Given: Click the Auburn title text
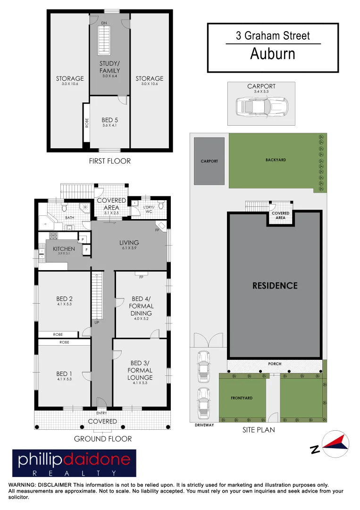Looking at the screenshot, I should coord(273,54).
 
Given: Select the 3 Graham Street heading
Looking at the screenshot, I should coord(273,35).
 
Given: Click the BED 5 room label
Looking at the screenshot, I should coord(109,120).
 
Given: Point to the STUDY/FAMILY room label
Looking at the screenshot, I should coord(109,67).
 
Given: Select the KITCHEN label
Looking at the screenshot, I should coord(64,248).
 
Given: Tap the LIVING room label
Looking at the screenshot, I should coord(129,243).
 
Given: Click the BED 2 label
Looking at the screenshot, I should coord(64,298).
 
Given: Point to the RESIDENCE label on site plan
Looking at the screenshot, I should coord(275,286).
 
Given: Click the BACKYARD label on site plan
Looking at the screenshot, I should coord(276,160).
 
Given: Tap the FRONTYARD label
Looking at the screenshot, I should coord(242,398).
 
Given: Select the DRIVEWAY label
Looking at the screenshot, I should coord(204,425).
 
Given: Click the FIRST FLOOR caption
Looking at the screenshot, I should coord(109,161).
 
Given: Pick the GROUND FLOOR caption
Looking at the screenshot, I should coord(103,439).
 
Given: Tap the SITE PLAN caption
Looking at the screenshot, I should coord(259,430).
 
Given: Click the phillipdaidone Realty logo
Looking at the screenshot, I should coord(74,463).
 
